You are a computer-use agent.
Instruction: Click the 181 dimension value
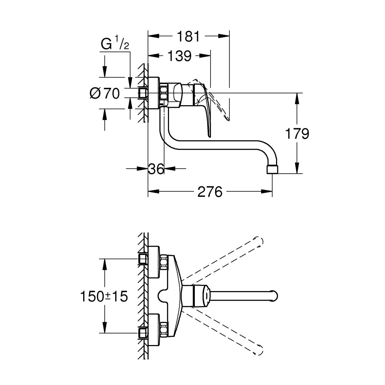(189, 37)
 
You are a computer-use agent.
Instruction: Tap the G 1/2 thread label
(114, 45)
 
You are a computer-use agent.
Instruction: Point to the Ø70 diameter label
(105, 93)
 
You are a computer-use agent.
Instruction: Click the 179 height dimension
(297, 134)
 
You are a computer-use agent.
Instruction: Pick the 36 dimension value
(156, 169)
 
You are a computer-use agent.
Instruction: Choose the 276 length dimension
(210, 191)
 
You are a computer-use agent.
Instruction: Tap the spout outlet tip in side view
(272, 169)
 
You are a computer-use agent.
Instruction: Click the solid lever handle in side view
(206, 112)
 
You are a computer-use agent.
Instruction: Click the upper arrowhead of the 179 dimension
(297, 98)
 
